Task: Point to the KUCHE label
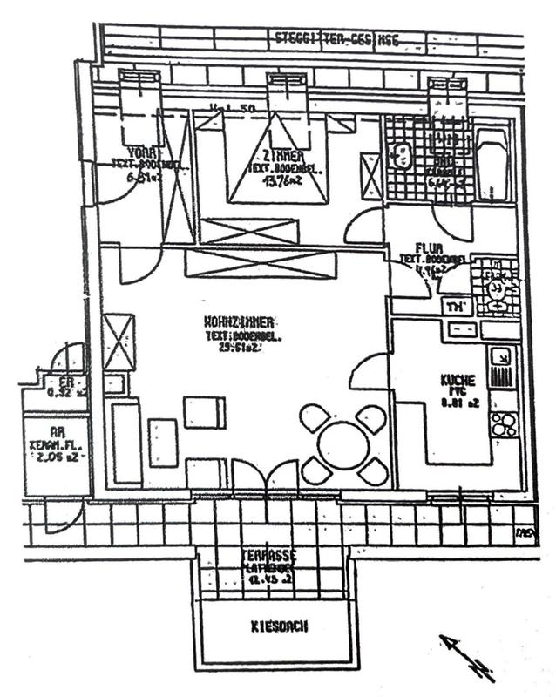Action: tap(458, 381)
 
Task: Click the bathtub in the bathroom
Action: tap(493, 166)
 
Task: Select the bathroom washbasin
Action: tap(401, 158)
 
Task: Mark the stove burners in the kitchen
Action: tap(503, 425)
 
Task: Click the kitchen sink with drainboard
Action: tap(500, 367)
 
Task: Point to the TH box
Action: tap(454, 306)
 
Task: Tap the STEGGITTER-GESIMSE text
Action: tap(324, 37)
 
